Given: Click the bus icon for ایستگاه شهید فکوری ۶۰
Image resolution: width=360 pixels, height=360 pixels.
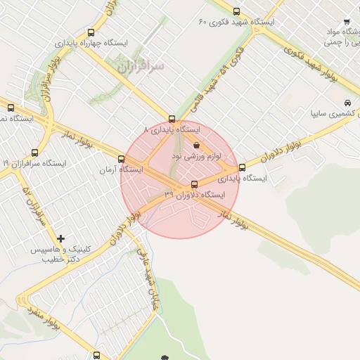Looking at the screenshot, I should [236, 11].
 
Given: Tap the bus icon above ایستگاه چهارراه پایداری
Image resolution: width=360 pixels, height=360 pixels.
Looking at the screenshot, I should [91, 32].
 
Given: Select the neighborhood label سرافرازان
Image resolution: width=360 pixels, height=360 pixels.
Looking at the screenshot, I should [140, 67].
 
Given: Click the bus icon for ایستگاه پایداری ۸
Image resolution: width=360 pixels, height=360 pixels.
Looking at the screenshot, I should [172, 120].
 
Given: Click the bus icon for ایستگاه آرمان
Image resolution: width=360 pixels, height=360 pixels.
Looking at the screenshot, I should [122, 159].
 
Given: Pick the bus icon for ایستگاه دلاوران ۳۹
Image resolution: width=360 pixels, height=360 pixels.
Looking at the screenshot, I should [195, 184].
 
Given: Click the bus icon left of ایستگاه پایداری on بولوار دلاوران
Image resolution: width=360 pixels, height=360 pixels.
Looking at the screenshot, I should [243, 167].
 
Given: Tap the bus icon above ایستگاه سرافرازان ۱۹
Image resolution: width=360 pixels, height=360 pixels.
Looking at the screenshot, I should [35, 153].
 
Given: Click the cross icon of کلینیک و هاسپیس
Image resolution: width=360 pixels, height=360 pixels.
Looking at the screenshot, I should [61, 239].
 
